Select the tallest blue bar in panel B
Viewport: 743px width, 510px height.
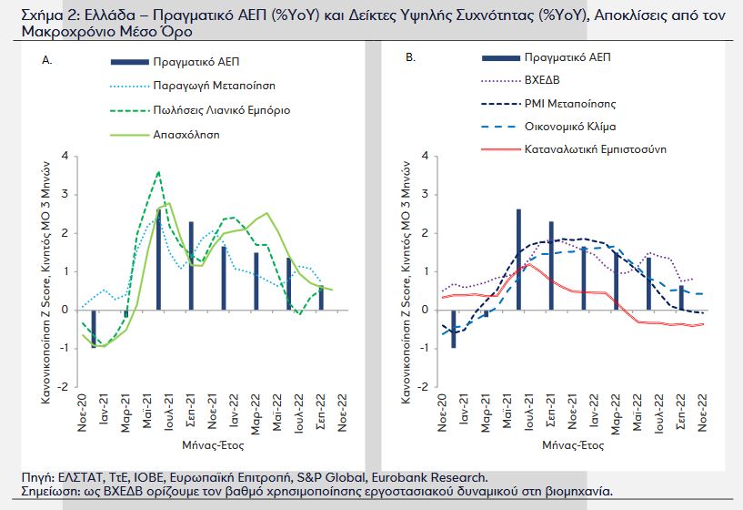coord(518,260)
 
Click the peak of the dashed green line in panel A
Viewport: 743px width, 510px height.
coord(159,171)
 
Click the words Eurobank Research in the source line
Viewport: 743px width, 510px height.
coord(441,477)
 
